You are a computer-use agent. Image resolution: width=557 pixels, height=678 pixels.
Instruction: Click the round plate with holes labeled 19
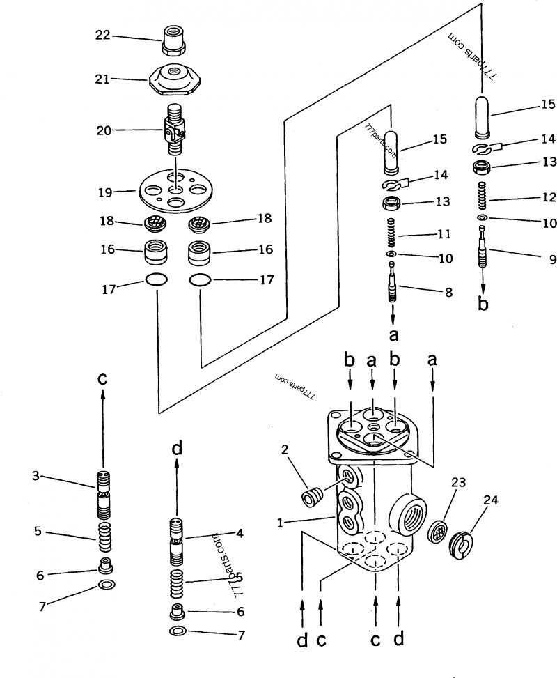coord(174,189)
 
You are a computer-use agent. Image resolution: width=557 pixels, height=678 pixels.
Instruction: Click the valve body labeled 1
coord(376,516)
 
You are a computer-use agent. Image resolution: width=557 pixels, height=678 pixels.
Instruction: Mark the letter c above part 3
coord(102,379)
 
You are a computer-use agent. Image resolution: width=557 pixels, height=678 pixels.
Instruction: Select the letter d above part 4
coord(177,448)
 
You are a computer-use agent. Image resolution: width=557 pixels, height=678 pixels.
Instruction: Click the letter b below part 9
coord(483,304)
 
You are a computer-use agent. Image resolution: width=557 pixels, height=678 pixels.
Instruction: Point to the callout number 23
coord(459,481)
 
